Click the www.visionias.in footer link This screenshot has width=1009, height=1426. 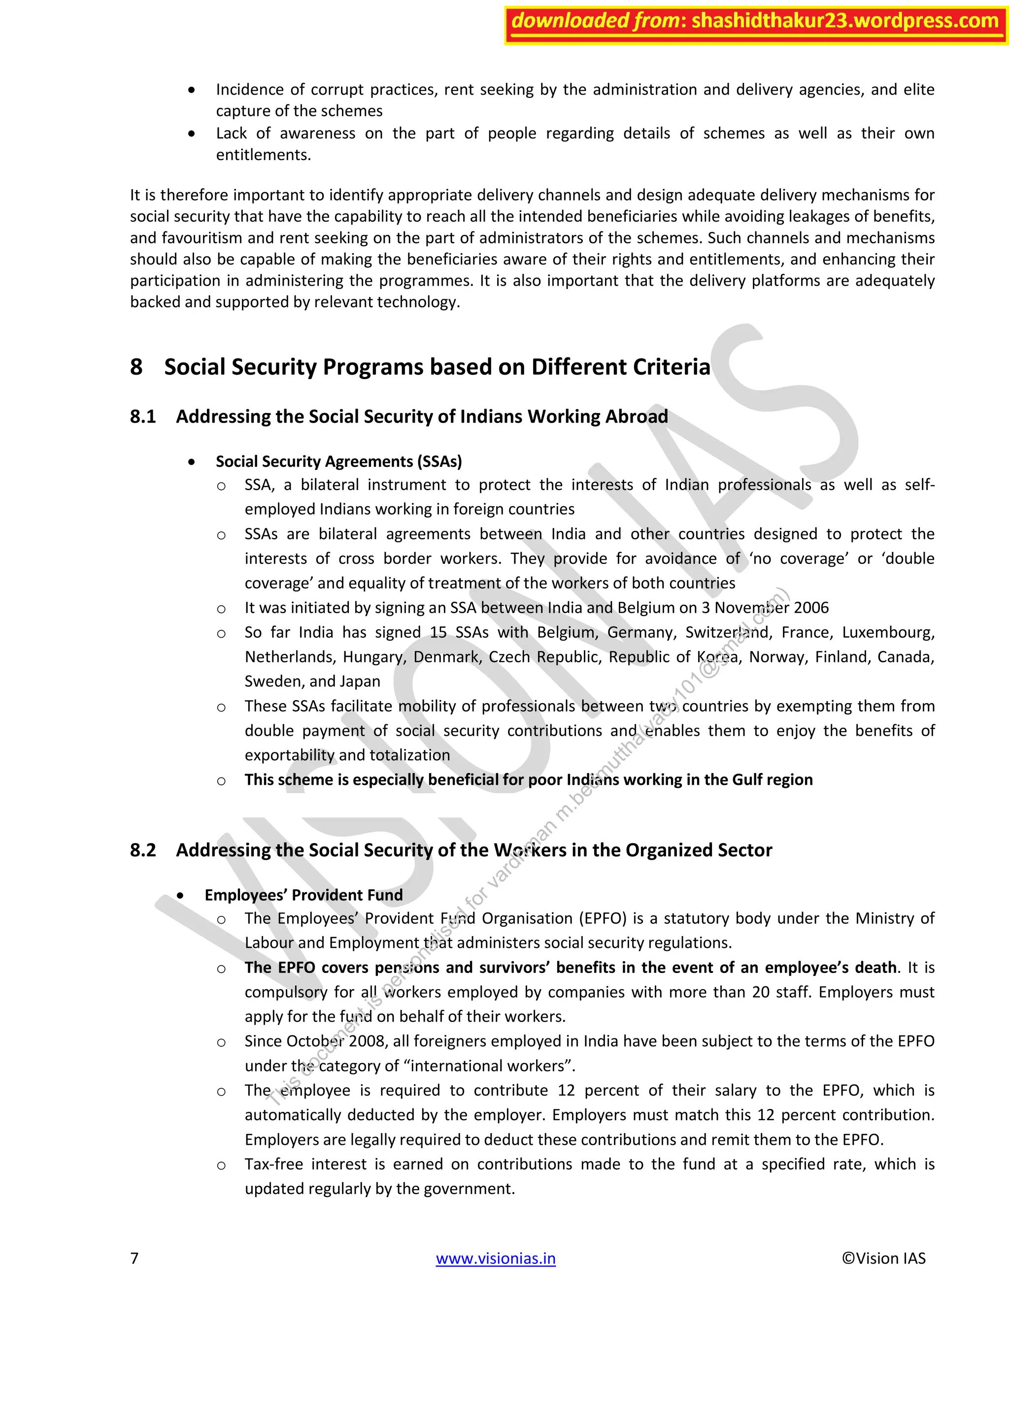click(x=495, y=1258)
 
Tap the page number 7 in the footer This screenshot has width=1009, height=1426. click(x=134, y=1258)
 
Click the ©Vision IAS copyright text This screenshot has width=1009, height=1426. click(x=883, y=1258)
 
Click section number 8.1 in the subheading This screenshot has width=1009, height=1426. click(x=143, y=417)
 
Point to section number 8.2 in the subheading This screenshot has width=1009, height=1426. click(x=143, y=850)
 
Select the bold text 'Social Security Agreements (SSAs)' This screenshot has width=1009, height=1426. click(x=338, y=461)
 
